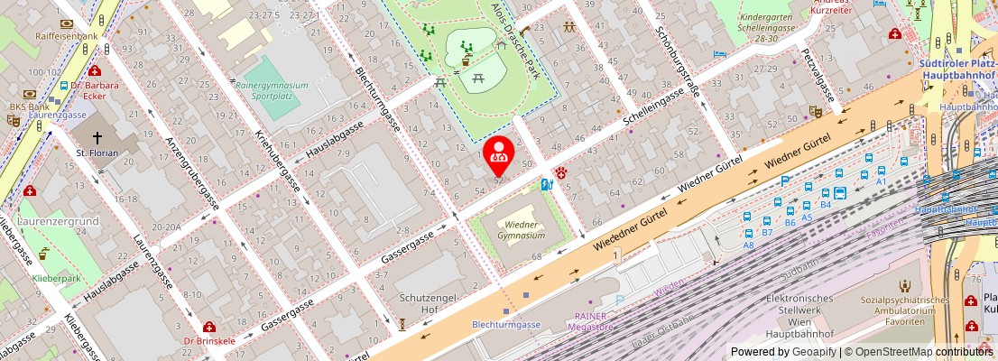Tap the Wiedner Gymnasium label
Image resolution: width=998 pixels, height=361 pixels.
(524, 229)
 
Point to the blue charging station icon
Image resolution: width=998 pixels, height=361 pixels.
(545, 185)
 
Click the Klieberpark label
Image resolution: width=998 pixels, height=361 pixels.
(56, 279)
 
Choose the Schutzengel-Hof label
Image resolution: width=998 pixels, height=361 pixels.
(430, 304)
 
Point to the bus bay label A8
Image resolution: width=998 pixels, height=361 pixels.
(748, 245)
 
